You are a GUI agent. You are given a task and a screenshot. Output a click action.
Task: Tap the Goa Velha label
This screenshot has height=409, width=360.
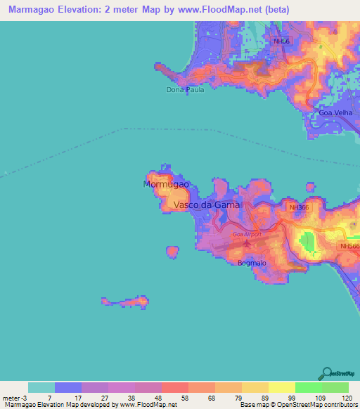[335, 112]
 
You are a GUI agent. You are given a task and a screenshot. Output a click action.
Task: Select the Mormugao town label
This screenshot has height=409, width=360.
[166, 184]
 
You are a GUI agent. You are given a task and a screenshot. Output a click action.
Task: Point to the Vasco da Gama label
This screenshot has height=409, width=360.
[206, 205]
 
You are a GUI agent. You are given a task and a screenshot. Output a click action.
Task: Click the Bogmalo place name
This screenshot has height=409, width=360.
[250, 263]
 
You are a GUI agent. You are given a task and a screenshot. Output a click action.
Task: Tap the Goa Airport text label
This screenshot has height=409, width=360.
[246, 234]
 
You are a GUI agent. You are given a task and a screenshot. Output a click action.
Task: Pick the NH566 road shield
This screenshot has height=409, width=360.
[349, 246]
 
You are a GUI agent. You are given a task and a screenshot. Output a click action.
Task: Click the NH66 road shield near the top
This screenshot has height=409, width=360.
[281, 41]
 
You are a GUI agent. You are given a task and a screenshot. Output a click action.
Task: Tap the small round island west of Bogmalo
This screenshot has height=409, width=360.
[172, 251]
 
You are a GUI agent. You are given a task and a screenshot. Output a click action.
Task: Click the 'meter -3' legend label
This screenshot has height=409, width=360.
[14, 399]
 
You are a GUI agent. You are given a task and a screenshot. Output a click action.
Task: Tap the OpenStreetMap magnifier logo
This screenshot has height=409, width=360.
[326, 373]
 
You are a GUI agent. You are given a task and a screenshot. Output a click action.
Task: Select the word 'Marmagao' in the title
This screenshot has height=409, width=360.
[31, 10]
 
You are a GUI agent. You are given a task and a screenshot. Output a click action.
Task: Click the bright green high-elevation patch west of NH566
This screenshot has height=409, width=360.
[308, 242]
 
